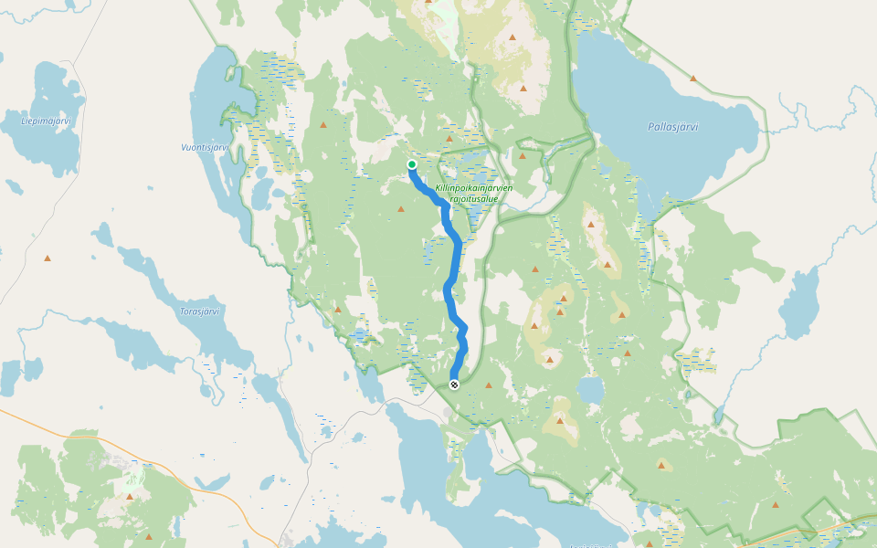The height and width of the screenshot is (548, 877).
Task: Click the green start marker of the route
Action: click(412, 164)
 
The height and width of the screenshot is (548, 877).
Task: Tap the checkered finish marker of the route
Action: click(454, 385)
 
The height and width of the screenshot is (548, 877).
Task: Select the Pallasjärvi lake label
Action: click(672, 127)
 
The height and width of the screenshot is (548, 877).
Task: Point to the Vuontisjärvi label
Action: click(203, 147)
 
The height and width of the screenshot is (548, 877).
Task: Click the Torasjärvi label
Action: click(199, 311)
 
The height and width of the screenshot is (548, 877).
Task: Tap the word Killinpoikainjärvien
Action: click(473, 187)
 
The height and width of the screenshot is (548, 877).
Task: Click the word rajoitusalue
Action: click(473, 198)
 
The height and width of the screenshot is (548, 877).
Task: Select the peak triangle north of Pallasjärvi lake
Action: click(693, 79)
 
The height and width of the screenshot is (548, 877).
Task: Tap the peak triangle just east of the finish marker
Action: click(489, 385)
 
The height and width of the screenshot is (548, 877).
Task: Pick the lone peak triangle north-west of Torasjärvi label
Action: click(48, 258)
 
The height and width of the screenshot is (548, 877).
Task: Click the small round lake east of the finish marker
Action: click(590, 391)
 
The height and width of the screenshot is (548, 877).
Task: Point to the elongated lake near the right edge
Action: click(804, 301)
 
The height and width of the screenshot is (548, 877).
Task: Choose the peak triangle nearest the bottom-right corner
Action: click(776, 504)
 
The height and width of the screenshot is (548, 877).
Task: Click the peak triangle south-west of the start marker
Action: click(400, 209)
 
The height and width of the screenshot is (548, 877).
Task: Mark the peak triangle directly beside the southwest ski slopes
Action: click(130, 497)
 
